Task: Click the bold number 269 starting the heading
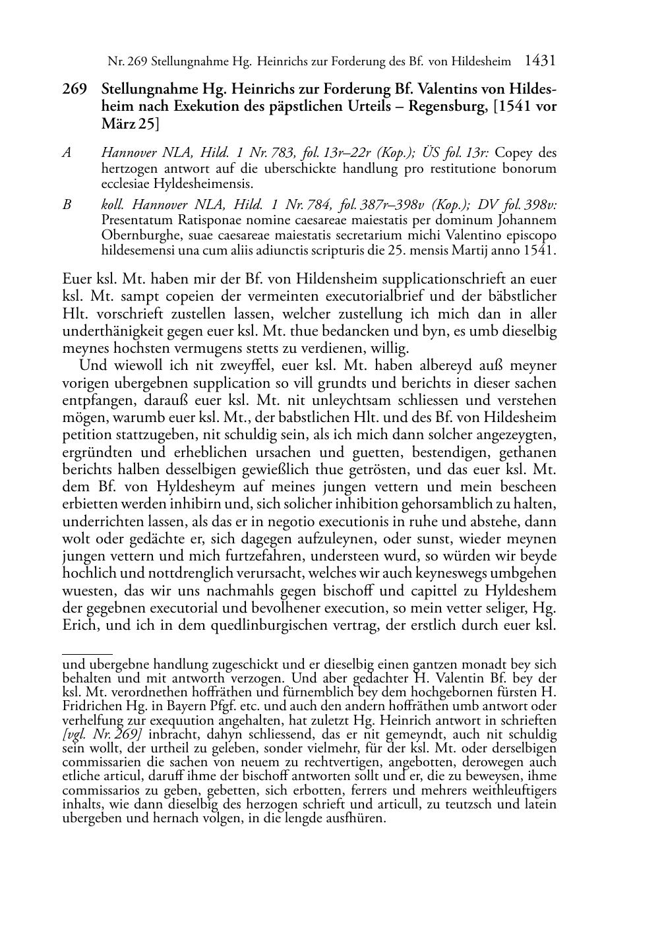pos(74,90)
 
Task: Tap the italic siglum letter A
pos(67,154)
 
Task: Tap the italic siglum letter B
pos(67,205)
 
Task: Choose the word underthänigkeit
pos(111,332)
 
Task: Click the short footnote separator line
pos(87,653)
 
